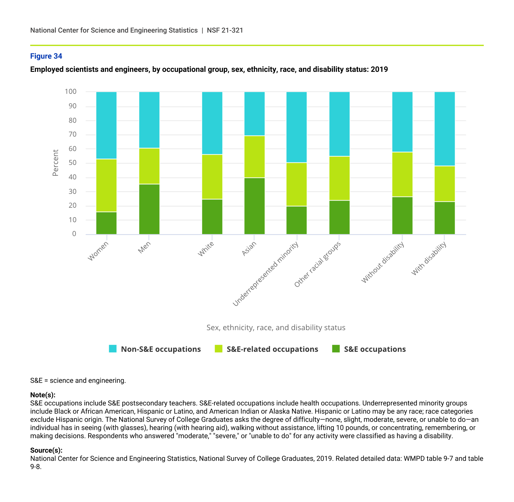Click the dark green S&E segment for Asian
(x=254, y=206)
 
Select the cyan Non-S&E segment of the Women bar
(x=106, y=125)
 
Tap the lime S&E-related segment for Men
(x=149, y=166)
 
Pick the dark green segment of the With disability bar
(x=444, y=218)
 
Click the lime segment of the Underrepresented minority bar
(x=296, y=184)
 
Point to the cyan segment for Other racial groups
(x=339, y=124)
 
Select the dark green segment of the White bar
(x=212, y=217)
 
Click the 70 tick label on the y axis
(x=73, y=134)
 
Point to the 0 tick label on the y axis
(x=74, y=234)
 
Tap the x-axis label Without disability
(x=383, y=262)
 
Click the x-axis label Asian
(x=249, y=249)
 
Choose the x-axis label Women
(x=98, y=251)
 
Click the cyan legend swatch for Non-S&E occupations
(x=112, y=349)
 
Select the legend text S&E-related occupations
(x=272, y=349)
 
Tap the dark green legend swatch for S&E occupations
(x=336, y=349)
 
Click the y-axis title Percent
(x=55, y=163)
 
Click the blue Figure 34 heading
(x=46, y=56)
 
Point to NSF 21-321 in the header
(x=225, y=30)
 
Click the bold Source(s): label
(x=46, y=450)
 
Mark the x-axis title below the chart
(x=276, y=328)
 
